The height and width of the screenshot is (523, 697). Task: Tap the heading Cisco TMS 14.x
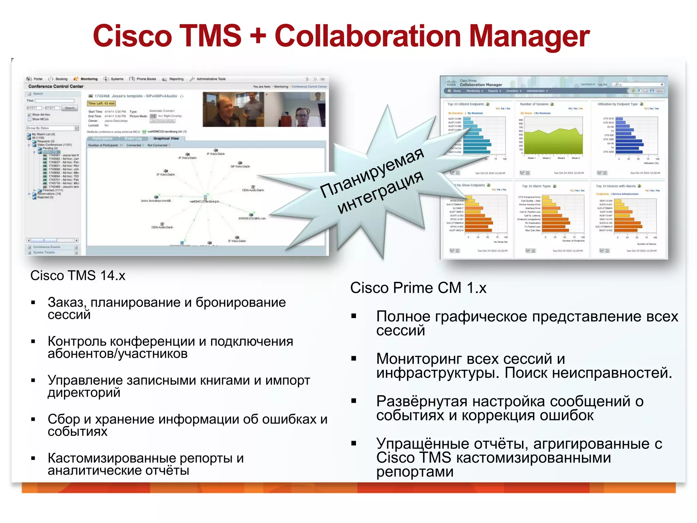pyautogui.click(x=78, y=275)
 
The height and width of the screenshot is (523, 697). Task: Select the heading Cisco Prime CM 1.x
pyautogui.click(x=418, y=288)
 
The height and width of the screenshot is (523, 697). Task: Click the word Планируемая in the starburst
pyautogui.click(x=372, y=172)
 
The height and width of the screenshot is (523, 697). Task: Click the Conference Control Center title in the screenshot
pyautogui.click(x=56, y=86)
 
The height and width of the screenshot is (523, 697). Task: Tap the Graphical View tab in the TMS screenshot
pyautogui.click(x=166, y=139)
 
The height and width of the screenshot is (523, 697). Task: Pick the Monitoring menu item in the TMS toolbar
pyautogui.click(x=88, y=79)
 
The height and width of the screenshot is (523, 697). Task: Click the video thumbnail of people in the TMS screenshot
pyautogui.click(x=264, y=109)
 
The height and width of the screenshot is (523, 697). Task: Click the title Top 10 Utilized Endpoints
pyautogui.click(x=465, y=104)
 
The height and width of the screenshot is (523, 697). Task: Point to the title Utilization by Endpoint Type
pyautogui.click(x=617, y=104)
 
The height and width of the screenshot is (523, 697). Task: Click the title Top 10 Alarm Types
pyautogui.click(x=536, y=186)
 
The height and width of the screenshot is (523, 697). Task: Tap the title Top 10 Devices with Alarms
pyautogui.click(x=616, y=186)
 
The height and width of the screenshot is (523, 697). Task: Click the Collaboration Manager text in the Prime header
pyautogui.click(x=481, y=85)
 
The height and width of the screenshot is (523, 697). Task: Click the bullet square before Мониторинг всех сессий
pyautogui.click(x=354, y=359)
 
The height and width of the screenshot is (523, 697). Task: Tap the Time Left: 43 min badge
pyautogui.click(x=101, y=104)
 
